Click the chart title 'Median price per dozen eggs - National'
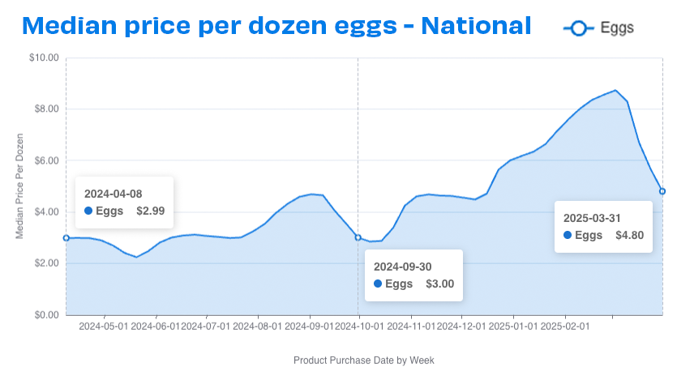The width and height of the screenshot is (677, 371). [x=276, y=25]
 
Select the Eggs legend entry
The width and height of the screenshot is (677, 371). [x=598, y=28]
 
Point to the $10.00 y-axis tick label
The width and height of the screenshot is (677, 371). [x=43, y=58]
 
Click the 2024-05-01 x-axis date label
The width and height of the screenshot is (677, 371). [x=103, y=327]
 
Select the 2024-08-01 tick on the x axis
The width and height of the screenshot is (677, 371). [x=257, y=327]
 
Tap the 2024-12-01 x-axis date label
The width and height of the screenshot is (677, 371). [x=461, y=327]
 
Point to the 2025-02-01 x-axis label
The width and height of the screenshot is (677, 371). [x=565, y=327]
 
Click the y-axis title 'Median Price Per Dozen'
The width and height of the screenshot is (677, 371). [x=19, y=186]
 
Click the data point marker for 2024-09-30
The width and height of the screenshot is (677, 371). [x=358, y=237]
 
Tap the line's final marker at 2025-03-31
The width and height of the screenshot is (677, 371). [x=662, y=191]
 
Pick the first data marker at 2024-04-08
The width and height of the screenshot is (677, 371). [x=66, y=238]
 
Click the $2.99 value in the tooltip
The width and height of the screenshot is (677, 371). [x=150, y=211]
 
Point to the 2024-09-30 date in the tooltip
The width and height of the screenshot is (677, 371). [x=402, y=266]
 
